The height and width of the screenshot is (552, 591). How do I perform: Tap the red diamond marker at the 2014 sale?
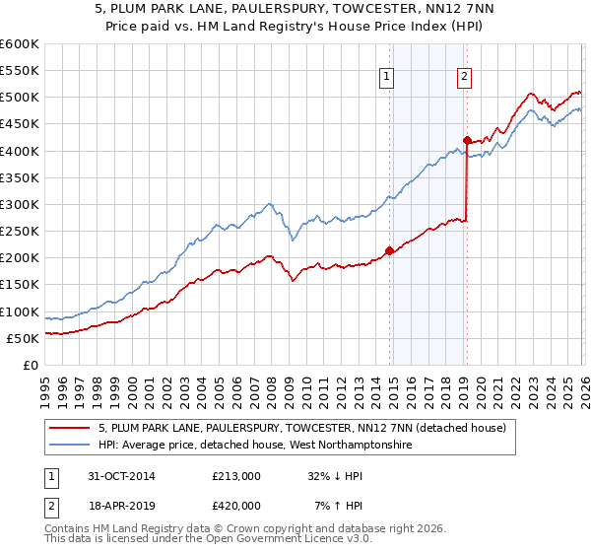pos(390,250)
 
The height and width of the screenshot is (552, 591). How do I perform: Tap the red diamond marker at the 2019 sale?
pos(467,140)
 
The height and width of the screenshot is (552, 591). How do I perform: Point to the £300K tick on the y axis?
pos(20,204)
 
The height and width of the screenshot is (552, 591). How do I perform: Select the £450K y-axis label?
pos(20,124)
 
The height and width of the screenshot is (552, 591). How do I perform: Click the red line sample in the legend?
pos(69,428)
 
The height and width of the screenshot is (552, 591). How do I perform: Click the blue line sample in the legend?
pos(69,446)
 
